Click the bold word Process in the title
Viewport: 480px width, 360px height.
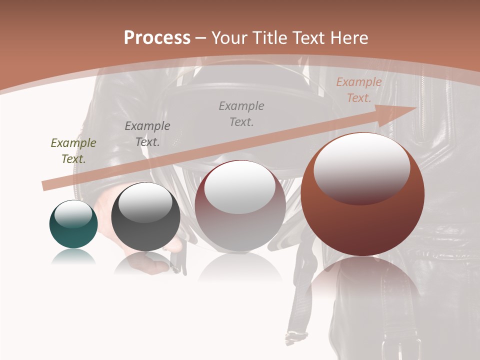[x=157, y=38]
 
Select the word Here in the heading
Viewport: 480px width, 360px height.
[x=349, y=38]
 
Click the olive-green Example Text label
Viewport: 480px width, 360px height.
[x=73, y=151]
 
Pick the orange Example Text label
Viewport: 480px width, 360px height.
[x=358, y=90]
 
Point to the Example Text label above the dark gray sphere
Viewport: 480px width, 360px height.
[x=147, y=134]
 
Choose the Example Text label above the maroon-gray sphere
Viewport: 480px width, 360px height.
[x=241, y=114]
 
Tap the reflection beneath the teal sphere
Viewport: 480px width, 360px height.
[x=73, y=257]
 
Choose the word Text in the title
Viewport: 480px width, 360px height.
[x=309, y=38]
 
